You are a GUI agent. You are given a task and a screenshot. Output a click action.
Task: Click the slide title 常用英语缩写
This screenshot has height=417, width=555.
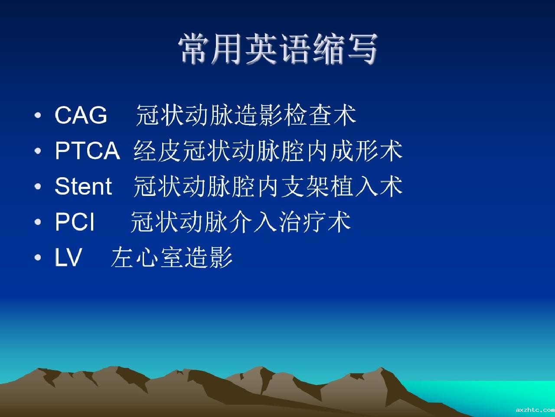pos(277,49)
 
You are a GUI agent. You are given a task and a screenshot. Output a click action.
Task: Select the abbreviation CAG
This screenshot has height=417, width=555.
pos(81,115)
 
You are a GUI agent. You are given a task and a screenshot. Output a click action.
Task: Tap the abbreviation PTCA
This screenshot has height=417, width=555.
pos(87,151)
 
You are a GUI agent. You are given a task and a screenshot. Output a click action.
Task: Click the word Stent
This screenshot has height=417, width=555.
pos(83,186)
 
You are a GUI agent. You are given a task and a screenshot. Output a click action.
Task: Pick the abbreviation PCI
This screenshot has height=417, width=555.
pos(75,222)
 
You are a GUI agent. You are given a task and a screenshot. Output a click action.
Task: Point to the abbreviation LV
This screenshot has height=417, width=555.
pos(68,257)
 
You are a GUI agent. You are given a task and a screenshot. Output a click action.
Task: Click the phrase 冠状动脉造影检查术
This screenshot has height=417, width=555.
pos(246,115)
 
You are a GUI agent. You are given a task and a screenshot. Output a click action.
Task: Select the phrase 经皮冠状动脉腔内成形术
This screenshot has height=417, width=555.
pos(268,151)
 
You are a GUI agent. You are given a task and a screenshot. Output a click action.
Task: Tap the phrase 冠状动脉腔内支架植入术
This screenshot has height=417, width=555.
pos(268,186)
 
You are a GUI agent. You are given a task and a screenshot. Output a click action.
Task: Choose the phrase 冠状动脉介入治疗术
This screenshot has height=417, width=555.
pos(241,222)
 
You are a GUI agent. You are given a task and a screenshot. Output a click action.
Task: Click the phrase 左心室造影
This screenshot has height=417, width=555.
pos(172,257)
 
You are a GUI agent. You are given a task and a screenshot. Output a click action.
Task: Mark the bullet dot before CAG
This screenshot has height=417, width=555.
pos(38,116)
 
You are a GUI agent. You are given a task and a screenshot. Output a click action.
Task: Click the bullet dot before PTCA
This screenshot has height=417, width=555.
pos(38,151)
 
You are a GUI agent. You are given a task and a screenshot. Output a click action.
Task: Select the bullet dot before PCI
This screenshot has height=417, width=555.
pos(38,222)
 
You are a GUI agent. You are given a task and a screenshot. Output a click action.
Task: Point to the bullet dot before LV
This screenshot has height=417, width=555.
pos(38,258)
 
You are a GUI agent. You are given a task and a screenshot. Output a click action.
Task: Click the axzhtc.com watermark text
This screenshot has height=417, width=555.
pos(535,410)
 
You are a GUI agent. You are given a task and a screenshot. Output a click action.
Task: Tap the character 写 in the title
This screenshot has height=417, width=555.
pos(362,49)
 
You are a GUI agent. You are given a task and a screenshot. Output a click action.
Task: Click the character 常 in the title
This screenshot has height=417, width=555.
pos(194,49)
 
